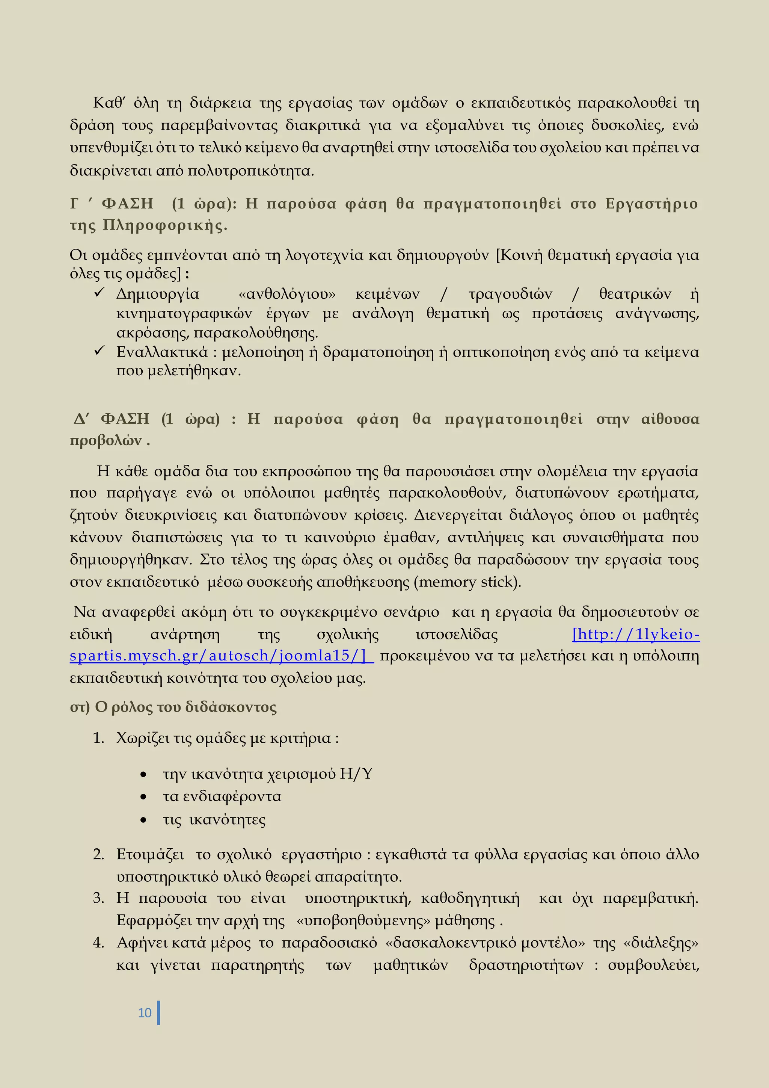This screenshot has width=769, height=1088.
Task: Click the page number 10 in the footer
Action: tap(145, 1012)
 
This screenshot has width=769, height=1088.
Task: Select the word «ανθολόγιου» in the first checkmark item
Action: tap(287, 294)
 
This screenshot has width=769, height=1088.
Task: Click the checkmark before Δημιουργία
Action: tap(99, 293)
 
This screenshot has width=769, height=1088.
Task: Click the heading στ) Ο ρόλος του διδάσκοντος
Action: tap(173, 707)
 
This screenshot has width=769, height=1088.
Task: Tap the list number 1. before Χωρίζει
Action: tap(98, 738)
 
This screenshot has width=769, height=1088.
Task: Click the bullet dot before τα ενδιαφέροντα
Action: tap(143, 798)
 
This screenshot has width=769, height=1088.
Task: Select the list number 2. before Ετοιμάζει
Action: tap(98, 854)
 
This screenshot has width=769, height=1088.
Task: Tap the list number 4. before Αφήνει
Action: tap(98, 943)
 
